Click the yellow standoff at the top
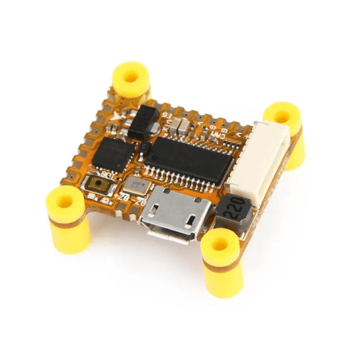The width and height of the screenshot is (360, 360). (131, 80)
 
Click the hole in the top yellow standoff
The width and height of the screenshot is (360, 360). (131, 77)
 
